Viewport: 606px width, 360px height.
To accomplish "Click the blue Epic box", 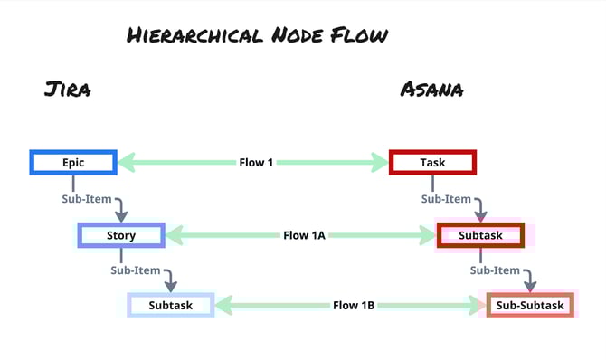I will click(73, 163).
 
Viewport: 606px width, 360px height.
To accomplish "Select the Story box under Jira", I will click(120, 235).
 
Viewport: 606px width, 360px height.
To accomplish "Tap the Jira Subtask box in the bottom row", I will click(170, 306).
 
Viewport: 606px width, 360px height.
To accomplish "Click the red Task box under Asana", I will click(432, 163).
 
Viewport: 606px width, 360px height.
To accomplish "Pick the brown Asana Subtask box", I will click(480, 235).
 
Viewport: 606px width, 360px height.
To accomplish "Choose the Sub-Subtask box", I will click(530, 306).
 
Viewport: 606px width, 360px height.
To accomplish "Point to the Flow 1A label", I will click(303, 235).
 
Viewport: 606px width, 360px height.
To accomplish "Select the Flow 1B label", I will click(353, 306).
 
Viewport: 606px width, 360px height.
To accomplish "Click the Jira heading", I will click(67, 90).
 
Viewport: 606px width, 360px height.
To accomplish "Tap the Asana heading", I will click(431, 90).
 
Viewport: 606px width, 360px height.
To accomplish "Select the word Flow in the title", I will click(359, 36).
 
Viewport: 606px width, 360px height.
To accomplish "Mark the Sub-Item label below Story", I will click(136, 270).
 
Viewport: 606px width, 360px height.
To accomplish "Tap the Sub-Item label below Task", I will click(446, 198).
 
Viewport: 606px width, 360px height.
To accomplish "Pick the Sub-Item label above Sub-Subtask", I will click(495, 270).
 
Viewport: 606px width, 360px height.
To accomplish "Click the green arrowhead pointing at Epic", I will click(126, 163).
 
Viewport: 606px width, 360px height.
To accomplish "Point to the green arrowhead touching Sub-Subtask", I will click(476, 306).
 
